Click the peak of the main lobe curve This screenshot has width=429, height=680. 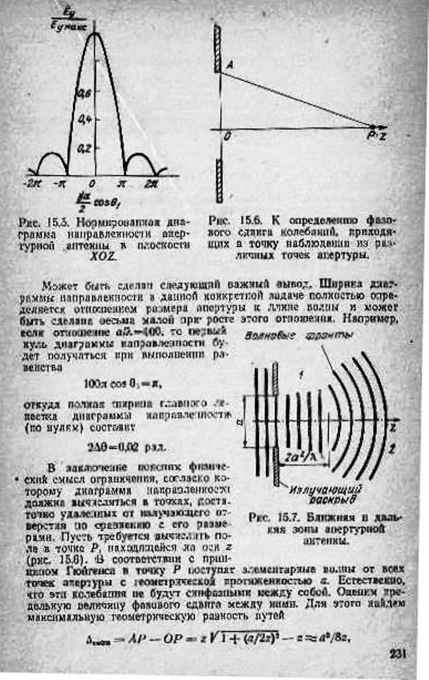(95, 35)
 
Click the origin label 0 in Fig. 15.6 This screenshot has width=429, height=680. (227, 136)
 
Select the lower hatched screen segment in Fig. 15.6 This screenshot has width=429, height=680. (218, 180)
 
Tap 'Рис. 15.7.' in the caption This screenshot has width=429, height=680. (276, 516)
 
